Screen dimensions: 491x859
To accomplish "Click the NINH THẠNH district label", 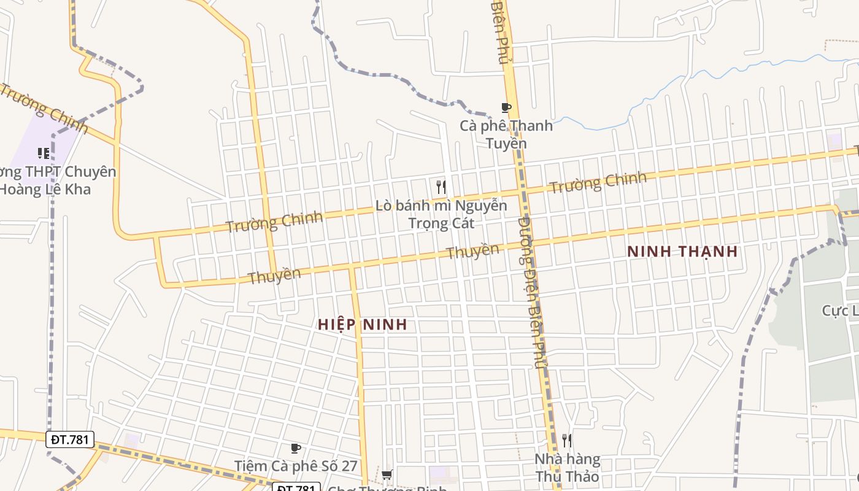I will click(x=682, y=252).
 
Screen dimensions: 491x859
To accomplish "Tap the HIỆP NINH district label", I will click(x=363, y=325).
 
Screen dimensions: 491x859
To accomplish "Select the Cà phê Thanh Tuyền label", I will click(x=506, y=134).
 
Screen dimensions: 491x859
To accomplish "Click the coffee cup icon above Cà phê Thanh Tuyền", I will click(x=506, y=108).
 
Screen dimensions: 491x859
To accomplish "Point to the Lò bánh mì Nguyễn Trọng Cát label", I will click(x=442, y=214).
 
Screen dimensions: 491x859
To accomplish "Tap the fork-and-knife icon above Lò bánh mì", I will click(x=441, y=187).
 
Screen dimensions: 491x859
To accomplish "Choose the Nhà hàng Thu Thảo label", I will click(x=567, y=468).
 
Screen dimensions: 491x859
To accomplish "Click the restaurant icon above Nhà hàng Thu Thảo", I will click(x=567, y=440).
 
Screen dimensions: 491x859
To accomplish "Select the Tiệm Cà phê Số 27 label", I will click(x=296, y=466).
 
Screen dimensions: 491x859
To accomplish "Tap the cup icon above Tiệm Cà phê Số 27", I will click(x=295, y=448).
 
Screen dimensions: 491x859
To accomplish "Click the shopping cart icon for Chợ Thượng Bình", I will click(x=387, y=474).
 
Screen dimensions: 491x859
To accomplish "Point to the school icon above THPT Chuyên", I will click(x=43, y=153).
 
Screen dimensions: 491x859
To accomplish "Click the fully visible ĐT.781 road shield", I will click(x=71, y=439).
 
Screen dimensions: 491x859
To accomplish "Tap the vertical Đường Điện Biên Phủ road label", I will click(x=531, y=292).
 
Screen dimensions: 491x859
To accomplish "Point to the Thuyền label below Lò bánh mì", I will click(x=472, y=252).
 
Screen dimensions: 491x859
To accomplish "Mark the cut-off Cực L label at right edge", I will click(x=840, y=311).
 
